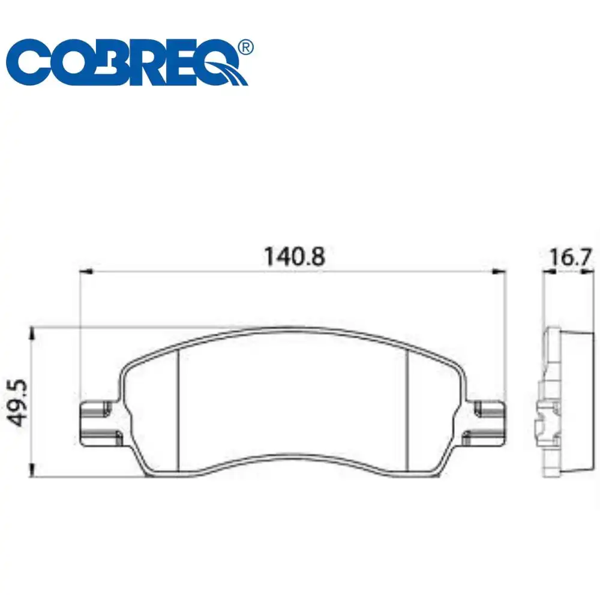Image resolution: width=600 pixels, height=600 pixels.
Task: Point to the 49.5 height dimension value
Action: coord(18,402)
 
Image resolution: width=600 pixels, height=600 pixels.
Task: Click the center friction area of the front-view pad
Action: coord(294,402)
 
